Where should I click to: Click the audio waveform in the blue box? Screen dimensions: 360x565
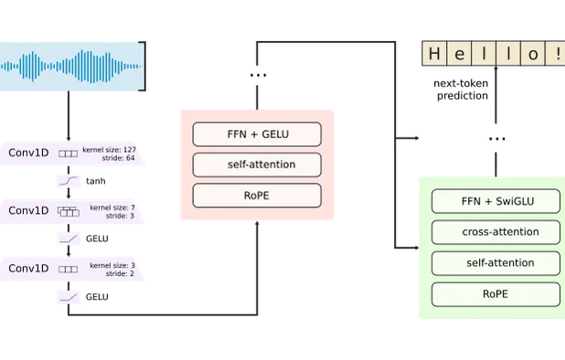click(x=71, y=66)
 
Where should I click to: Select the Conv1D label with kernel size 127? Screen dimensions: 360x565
click(x=28, y=153)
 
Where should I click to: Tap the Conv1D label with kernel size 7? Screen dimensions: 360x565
click(x=28, y=210)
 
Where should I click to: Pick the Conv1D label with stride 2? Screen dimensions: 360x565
click(x=28, y=269)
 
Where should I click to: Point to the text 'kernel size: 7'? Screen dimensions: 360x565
click(x=112, y=207)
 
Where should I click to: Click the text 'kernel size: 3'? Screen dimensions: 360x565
click(x=112, y=265)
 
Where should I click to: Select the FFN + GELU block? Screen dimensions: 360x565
click(x=257, y=134)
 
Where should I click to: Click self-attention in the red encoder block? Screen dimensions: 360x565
click(x=257, y=165)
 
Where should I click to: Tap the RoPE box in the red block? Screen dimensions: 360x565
click(x=257, y=196)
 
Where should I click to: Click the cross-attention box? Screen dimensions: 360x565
click(x=495, y=232)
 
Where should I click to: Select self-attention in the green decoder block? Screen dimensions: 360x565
click(x=495, y=264)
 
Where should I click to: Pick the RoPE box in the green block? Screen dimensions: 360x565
click(x=495, y=294)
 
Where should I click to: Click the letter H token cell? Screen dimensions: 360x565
click(x=433, y=54)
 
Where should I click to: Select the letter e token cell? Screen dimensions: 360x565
click(x=459, y=54)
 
